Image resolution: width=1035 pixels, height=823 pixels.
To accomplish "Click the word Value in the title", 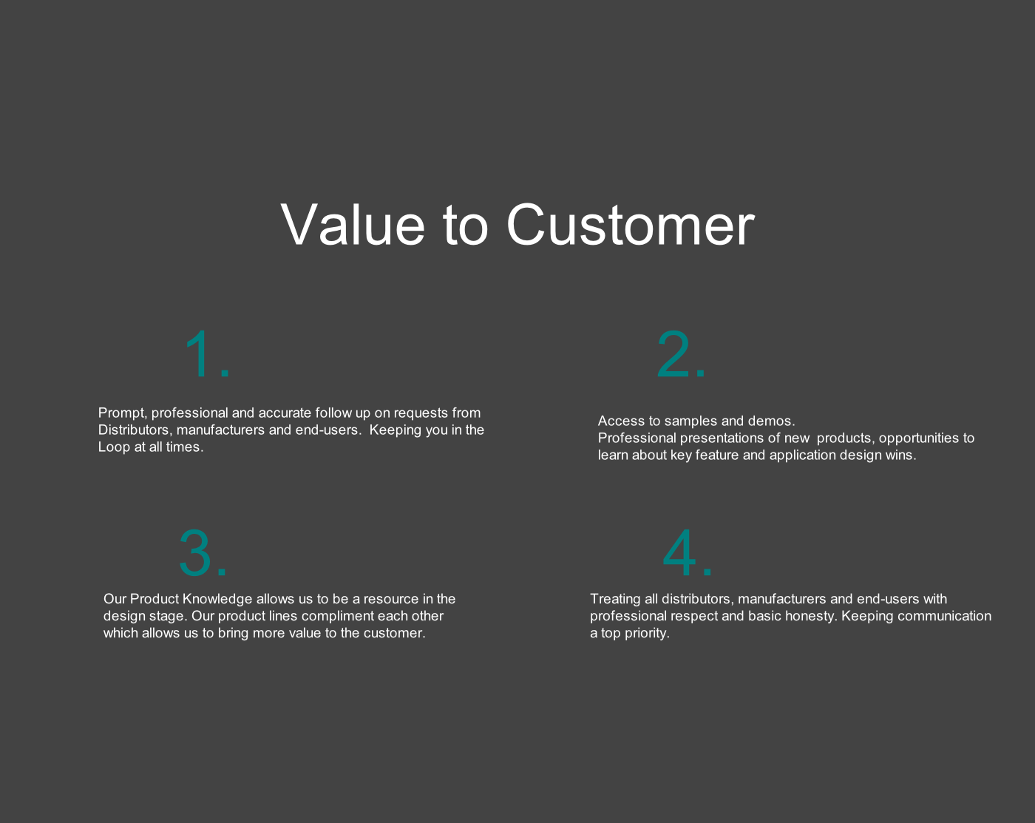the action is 353,225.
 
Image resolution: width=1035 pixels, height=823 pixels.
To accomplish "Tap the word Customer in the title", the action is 630,225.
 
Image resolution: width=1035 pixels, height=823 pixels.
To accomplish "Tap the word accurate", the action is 285,413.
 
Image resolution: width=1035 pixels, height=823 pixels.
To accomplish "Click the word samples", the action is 690,421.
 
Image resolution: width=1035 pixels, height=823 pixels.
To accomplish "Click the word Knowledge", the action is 217,600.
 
